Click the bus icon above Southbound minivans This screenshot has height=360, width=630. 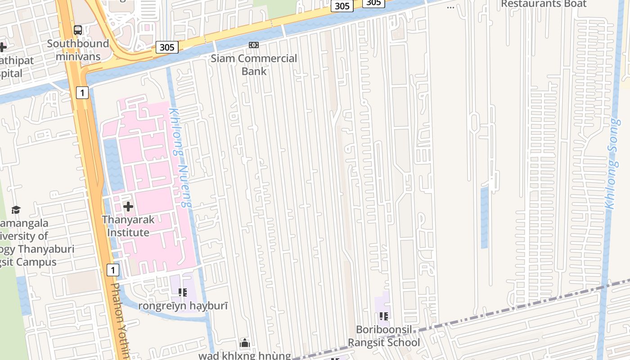coord(78,30)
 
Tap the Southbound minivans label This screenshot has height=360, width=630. coord(78,50)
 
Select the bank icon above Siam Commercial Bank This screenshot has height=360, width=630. coord(254,45)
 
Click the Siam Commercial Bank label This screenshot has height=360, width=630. coord(254,65)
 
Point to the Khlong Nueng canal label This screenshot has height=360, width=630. coord(180,157)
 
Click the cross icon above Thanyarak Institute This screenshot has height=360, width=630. coord(128,207)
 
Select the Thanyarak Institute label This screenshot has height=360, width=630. coord(128,226)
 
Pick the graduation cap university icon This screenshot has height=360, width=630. coord(16,210)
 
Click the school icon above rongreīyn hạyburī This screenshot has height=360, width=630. coord(183,292)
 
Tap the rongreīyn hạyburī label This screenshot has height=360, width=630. coord(183,306)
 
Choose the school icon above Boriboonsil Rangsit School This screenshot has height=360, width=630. coord(384,316)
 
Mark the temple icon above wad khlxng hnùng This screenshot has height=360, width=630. coord(245,343)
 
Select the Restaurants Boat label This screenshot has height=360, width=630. coord(544,4)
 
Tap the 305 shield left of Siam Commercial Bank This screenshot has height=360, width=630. coord(167,47)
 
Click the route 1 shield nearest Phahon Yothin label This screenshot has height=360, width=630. coord(113,270)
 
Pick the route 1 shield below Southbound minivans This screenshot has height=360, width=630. coord(82,93)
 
